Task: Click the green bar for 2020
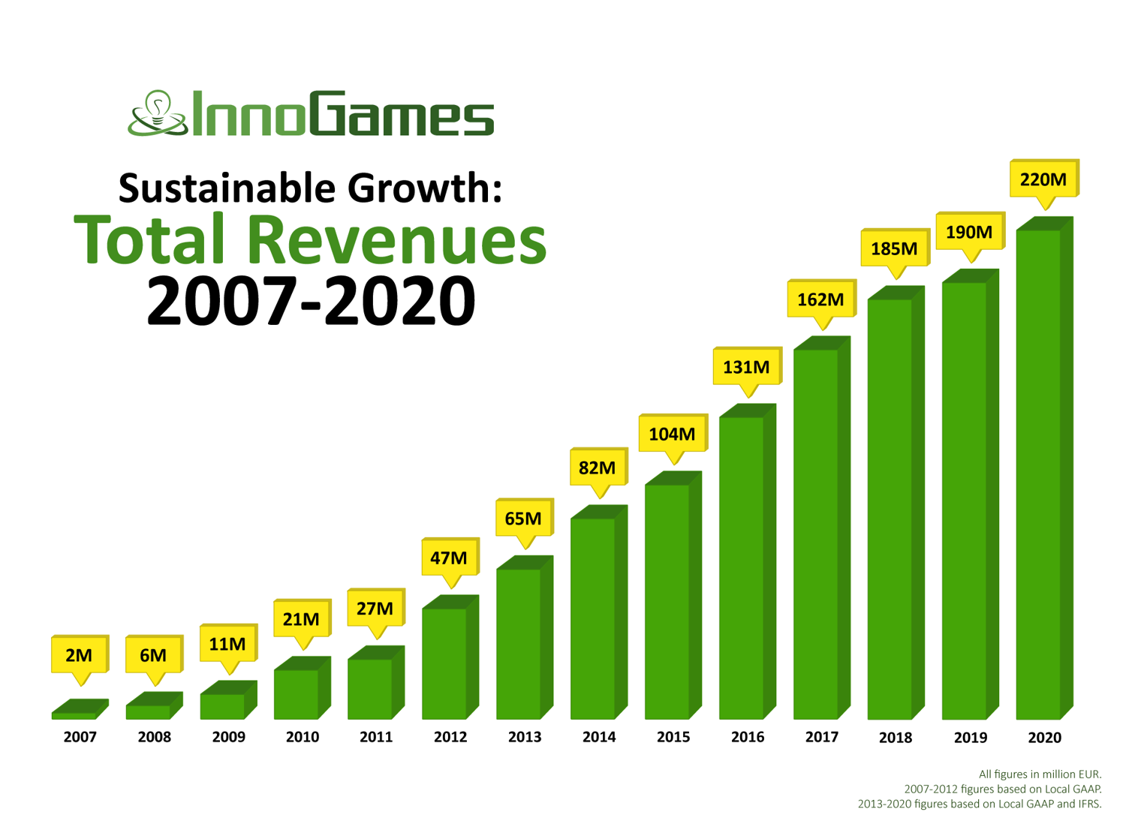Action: pos(1038,473)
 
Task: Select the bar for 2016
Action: pos(741,567)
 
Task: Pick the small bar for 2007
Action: pos(74,715)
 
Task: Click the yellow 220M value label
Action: pos(1043,179)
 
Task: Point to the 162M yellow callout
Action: pos(820,299)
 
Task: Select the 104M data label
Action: pos(672,434)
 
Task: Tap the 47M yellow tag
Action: pos(449,558)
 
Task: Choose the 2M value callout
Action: pos(79,655)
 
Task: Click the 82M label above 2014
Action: pos(598,468)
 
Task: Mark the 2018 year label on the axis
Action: pos(896,738)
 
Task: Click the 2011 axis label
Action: pos(376,737)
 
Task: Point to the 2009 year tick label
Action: pos(228,737)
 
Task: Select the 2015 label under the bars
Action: pos(673,737)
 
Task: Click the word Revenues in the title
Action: pos(397,240)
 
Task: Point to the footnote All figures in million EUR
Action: pos(1040,774)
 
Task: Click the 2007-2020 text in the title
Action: pos(311,300)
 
